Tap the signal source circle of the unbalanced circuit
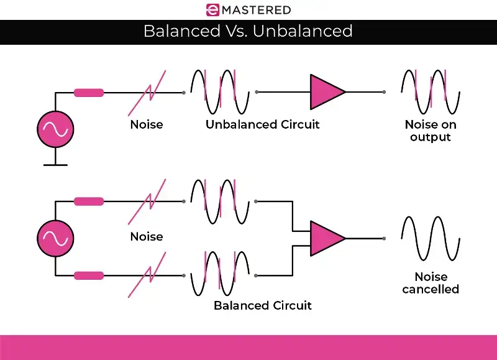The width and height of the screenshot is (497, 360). [55, 129]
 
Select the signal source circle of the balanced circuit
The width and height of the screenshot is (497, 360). [55, 238]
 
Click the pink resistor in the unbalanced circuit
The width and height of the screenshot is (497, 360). [89, 93]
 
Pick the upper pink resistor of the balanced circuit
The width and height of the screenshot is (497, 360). [89, 201]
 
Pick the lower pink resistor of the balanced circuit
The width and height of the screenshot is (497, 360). [89, 275]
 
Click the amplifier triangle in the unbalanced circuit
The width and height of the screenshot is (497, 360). [326, 92]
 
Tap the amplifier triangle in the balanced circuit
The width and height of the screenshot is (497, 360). [326, 238]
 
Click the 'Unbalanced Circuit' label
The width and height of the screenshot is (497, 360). [262, 124]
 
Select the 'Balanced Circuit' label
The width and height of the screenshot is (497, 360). [262, 305]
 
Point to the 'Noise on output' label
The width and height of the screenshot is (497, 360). [430, 131]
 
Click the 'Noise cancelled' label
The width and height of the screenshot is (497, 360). [430, 283]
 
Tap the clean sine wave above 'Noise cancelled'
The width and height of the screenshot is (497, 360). [431, 238]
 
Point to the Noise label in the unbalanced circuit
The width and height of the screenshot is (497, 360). [147, 124]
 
